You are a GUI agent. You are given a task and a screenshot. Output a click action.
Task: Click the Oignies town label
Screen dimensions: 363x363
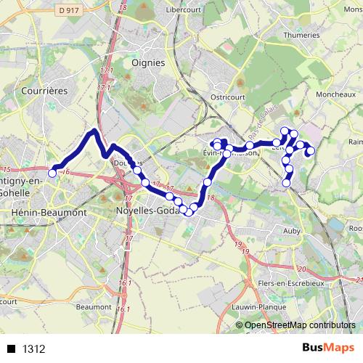[x=148, y=62]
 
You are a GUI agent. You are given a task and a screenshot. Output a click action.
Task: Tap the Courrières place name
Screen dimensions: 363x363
[x=44, y=91]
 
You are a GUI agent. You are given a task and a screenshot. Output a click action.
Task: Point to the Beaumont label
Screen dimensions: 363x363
[x=93, y=307]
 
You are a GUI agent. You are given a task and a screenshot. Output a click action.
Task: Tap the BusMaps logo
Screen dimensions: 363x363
[x=325, y=348]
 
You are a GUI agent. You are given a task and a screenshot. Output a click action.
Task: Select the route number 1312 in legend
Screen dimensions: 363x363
[x=34, y=348]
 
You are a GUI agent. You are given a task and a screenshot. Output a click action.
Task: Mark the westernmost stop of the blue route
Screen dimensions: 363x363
[x=52, y=173]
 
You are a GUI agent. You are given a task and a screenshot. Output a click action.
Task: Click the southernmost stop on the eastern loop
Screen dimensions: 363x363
[x=286, y=184]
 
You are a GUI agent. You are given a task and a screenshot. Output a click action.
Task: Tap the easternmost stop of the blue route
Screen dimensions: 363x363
[x=311, y=151]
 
